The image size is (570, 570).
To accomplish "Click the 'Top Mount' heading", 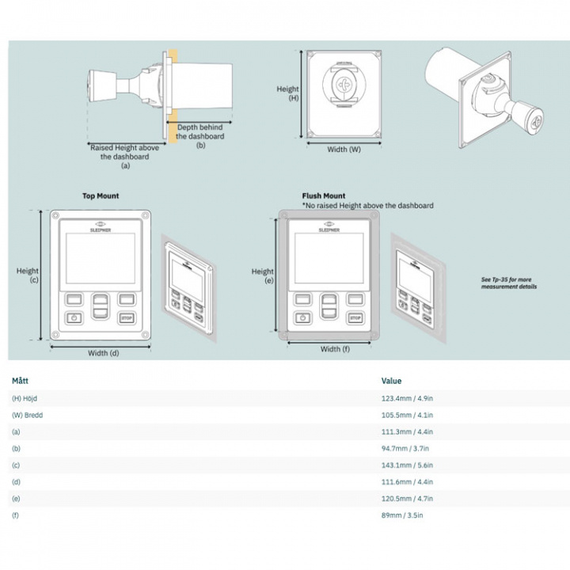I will [x=101, y=196].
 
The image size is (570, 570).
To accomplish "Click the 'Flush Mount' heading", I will [x=324, y=196].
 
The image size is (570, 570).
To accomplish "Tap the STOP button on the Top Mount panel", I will [x=126, y=318].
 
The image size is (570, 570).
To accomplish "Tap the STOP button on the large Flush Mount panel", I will [x=354, y=318].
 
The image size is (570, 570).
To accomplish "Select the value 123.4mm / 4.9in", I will [x=407, y=398].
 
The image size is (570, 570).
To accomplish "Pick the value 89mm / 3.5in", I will [x=403, y=515].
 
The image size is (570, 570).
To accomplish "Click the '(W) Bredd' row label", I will [x=28, y=415].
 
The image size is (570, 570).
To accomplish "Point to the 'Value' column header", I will [x=391, y=381].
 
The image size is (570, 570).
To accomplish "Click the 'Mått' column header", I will [x=21, y=381].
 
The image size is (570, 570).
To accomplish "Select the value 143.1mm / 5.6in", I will [x=407, y=465].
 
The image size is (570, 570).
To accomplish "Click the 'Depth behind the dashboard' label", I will [x=200, y=136].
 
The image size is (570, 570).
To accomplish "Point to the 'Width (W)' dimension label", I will [x=344, y=149].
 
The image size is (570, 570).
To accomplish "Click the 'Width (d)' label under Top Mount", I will [x=103, y=353].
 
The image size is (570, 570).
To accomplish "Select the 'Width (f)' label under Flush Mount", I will [x=331, y=349].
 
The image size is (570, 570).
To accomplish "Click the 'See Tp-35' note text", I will [x=509, y=283].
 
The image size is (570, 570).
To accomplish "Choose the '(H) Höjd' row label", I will [x=26, y=398].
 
